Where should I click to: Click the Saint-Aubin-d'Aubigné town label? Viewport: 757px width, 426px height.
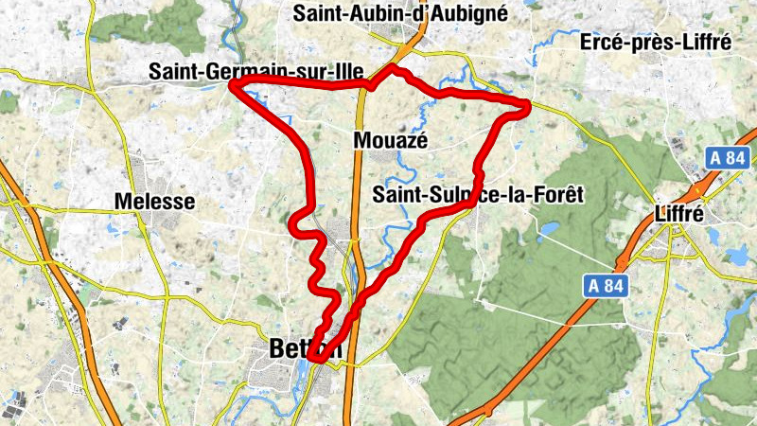(401, 13)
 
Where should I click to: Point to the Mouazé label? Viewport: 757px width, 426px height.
(391, 140)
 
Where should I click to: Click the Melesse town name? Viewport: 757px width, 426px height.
(154, 201)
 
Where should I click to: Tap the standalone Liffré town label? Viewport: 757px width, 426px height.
(679, 214)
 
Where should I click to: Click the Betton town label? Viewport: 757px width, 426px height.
(295, 347)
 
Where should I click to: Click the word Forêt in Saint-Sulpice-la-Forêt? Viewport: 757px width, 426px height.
(553, 194)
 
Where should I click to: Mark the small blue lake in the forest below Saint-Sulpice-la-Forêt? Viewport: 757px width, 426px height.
(546, 228)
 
